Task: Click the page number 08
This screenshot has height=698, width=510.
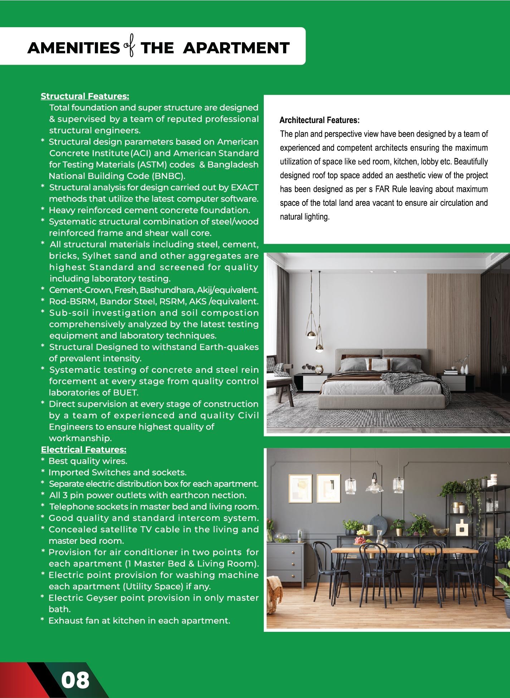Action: [x=75, y=680]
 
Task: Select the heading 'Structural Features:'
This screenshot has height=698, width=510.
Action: [x=85, y=96]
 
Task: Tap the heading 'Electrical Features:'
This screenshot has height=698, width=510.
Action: [x=83, y=450]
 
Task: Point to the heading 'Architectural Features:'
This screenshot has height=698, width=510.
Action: [x=319, y=120]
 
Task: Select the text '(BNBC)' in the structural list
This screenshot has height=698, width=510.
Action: [x=168, y=176]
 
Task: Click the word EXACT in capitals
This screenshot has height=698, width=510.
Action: [x=245, y=187]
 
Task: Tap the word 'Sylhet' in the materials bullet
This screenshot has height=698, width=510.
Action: [x=94, y=256]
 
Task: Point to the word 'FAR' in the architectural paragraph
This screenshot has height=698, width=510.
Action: [x=382, y=189]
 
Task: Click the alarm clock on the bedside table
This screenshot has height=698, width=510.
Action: [x=319, y=369]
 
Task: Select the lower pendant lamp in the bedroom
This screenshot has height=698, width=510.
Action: [x=320, y=346]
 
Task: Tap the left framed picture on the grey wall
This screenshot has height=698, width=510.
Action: [x=300, y=488]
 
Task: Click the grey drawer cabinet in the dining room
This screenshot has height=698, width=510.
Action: [x=286, y=562]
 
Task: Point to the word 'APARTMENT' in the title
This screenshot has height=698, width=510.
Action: [x=236, y=48]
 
